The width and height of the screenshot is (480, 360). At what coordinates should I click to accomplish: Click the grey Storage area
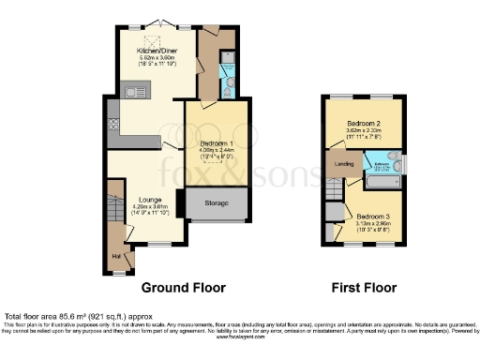click(x=217, y=202)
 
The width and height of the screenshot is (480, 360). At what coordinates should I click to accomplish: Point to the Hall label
click(x=116, y=254)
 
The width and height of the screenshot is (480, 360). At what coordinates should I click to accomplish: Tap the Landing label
click(x=343, y=163)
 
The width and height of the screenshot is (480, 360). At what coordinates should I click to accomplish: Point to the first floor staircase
click(x=333, y=190)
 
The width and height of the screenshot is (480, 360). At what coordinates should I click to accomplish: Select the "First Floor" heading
click(x=365, y=287)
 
